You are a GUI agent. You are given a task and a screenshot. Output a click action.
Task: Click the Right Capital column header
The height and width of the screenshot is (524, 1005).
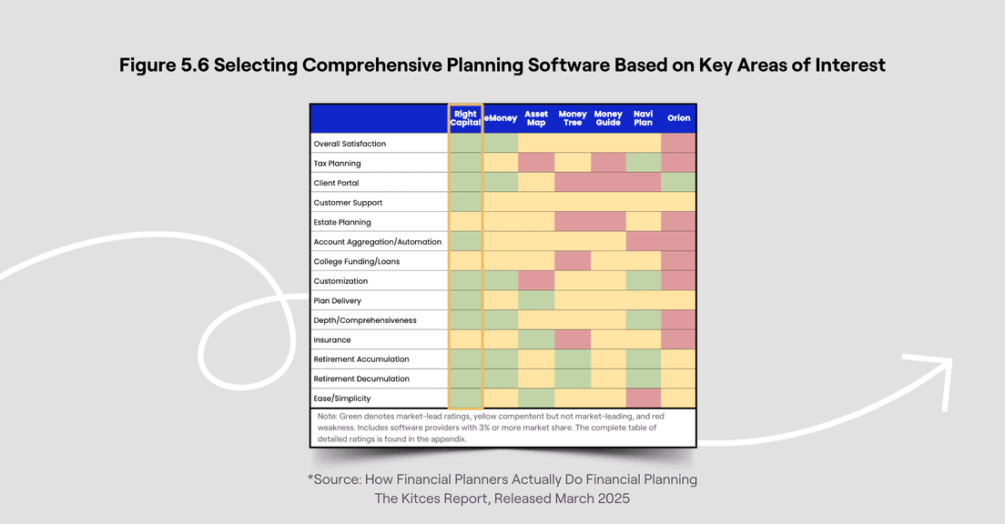(x=465, y=118)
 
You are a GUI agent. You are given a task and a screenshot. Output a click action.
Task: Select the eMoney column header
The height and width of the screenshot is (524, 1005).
(x=501, y=118)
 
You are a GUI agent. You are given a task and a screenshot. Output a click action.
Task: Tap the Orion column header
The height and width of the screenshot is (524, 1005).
(x=678, y=118)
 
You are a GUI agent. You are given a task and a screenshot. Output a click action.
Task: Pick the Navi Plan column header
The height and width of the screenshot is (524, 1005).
(x=643, y=118)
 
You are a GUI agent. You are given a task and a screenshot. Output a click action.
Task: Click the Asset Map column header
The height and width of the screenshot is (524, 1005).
(x=536, y=118)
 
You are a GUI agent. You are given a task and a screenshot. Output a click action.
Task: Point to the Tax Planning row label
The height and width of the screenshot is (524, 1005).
(x=337, y=164)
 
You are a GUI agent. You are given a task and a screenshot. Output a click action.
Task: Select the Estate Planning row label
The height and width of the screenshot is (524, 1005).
(x=341, y=222)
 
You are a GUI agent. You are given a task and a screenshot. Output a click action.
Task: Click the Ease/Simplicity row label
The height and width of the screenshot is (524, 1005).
(x=341, y=398)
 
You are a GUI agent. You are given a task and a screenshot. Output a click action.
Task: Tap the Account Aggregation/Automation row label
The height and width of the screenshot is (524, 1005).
(x=377, y=242)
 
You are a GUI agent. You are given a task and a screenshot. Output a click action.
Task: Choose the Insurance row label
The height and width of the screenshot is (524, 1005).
(x=331, y=340)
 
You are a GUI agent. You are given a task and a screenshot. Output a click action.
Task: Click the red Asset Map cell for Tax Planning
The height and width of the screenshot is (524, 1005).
(x=536, y=163)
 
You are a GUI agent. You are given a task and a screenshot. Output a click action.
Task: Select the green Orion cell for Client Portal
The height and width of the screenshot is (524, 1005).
(x=678, y=183)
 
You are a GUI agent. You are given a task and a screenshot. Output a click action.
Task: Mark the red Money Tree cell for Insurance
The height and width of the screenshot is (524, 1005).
(x=572, y=339)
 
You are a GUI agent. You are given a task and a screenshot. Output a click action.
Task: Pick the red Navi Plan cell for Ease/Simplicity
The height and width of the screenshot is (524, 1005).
(x=643, y=398)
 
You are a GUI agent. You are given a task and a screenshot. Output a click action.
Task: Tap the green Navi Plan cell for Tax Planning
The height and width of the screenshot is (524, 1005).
(x=643, y=163)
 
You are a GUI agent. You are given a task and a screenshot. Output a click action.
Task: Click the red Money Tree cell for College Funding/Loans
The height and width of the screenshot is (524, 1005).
(x=572, y=261)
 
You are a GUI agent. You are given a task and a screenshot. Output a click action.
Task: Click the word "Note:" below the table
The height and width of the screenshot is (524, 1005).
(x=328, y=416)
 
